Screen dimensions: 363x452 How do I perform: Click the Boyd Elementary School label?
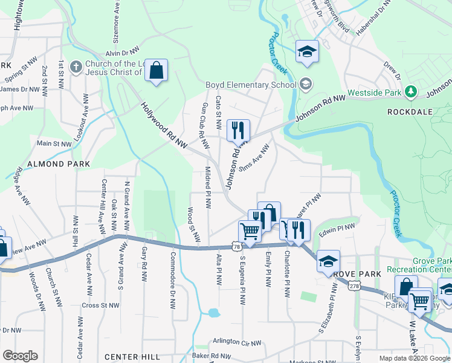pos(250,85)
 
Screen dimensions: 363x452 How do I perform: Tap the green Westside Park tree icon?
pos(411,91)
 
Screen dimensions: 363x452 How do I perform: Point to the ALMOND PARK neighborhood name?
pos(58,164)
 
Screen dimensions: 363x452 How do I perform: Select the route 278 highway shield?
pos(354,284)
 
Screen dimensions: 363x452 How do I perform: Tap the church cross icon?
pos(76,66)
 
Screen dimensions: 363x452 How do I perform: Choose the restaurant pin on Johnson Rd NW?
pos(238,130)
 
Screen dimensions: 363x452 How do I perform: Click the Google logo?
pos(20,355)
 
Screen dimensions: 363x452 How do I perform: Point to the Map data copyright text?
pos(414,358)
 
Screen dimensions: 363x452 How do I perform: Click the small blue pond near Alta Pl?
pos(213,313)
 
